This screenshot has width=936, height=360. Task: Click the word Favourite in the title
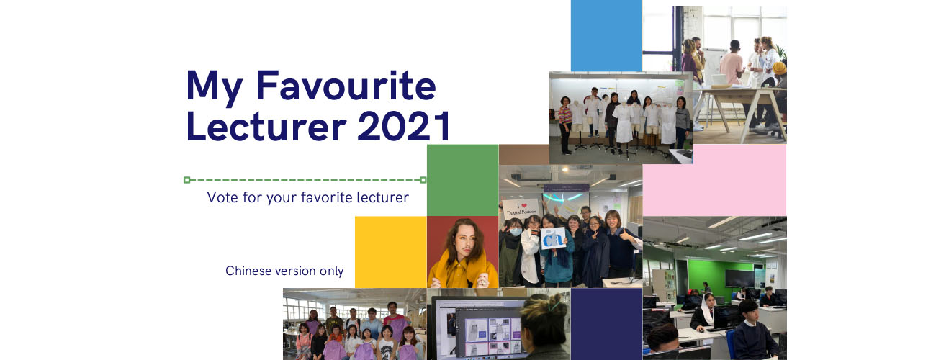(x=346, y=86)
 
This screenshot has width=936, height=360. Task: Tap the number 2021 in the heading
(x=404, y=126)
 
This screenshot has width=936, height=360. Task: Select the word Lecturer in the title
(x=266, y=126)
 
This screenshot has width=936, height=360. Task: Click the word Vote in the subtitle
(x=222, y=197)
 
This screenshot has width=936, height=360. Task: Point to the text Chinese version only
(x=284, y=271)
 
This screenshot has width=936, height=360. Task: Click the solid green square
(x=462, y=180)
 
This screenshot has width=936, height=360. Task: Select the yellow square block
(x=391, y=252)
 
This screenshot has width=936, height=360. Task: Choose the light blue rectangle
(x=606, y=35)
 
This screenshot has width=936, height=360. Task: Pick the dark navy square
(x=606, y=324)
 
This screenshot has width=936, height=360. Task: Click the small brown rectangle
(x=524, y=155)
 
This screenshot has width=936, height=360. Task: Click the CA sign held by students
(x=553, y=238)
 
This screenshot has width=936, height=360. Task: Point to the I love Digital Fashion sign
(x=521, y=209)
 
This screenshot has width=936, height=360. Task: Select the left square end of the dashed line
(x=186, y=180)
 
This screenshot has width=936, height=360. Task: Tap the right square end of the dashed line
(x=423, y=180)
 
